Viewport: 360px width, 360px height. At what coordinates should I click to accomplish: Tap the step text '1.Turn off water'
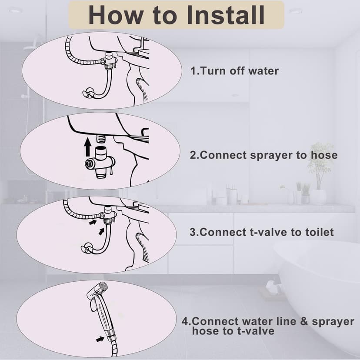[x=235, y=71]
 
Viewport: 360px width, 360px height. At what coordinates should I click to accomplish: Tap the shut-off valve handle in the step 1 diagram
[x=88, y=92]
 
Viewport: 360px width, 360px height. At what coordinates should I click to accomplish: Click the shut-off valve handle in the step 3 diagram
[x=87, y=248]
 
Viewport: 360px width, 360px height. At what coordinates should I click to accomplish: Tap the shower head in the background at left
[x=33, y=48]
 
